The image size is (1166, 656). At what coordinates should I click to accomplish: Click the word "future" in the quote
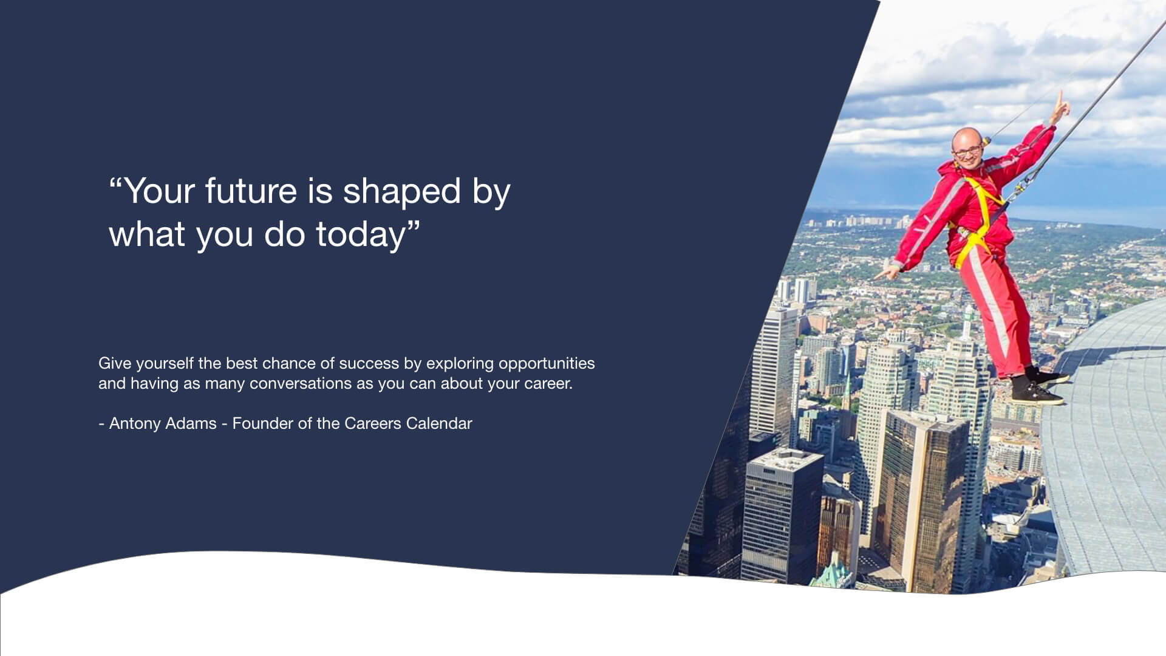(x=251, y=191)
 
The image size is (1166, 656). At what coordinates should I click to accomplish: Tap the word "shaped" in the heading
(x=401, y=193)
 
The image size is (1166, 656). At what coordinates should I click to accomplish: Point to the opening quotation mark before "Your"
(x=115, y=182)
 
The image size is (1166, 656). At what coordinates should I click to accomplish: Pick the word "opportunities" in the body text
(x=547, y=364)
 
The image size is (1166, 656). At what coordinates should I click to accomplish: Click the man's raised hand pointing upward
(x=1060, y=104)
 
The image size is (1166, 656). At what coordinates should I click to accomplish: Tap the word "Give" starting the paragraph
(x=115, y=363)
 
